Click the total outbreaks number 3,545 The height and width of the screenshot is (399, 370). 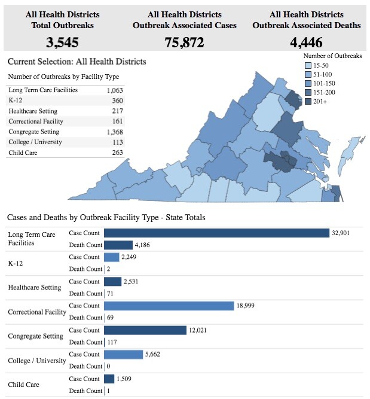click(62, 42)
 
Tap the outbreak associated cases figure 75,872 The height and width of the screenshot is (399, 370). click(184, 42)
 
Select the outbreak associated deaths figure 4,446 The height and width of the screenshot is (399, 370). click(307, 42)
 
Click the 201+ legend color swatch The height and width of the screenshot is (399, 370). click(308, 102)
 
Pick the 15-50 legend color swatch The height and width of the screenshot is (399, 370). click(308, 65)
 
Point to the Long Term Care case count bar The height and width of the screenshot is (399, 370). click(216, 233)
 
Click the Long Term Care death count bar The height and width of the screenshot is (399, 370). click(118, 245)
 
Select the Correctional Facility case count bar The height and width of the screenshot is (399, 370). click(169, 306)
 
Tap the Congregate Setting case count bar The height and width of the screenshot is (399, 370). click(145, 330)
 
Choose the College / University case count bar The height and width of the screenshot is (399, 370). click(124, 354)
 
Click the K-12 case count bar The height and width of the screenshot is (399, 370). click(112, 257)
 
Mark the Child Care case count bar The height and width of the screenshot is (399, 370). click(109, 379)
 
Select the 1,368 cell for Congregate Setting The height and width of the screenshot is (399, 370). click(114, 132)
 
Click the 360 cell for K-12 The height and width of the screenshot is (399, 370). click(117, 100)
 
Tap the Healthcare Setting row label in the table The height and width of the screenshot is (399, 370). click(33, 111)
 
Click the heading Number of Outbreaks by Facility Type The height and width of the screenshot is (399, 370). click(63, 77)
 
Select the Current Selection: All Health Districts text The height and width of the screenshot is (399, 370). click(77, 62)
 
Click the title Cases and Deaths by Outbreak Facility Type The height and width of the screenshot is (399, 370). click(106, 217)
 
